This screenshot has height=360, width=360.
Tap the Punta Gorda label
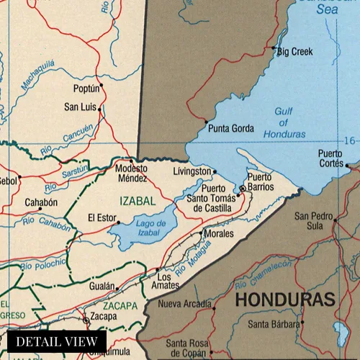point(230,129)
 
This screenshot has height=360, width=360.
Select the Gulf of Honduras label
point(284,122)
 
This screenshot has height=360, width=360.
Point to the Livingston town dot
point(214,171)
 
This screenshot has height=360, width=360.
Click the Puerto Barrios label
point(261,181)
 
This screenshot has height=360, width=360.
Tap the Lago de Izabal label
point(151,228)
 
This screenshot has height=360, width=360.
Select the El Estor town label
point(102,217)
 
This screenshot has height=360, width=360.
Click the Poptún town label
point(86,89)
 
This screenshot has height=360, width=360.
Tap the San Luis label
point(80,107)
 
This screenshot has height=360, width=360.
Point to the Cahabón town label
point(41,203)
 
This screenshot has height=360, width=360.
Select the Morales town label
point(219,234)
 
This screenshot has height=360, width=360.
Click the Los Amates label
point(165,282)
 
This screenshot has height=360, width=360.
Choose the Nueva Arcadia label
point(185,304)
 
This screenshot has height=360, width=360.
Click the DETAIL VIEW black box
point(57,341)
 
